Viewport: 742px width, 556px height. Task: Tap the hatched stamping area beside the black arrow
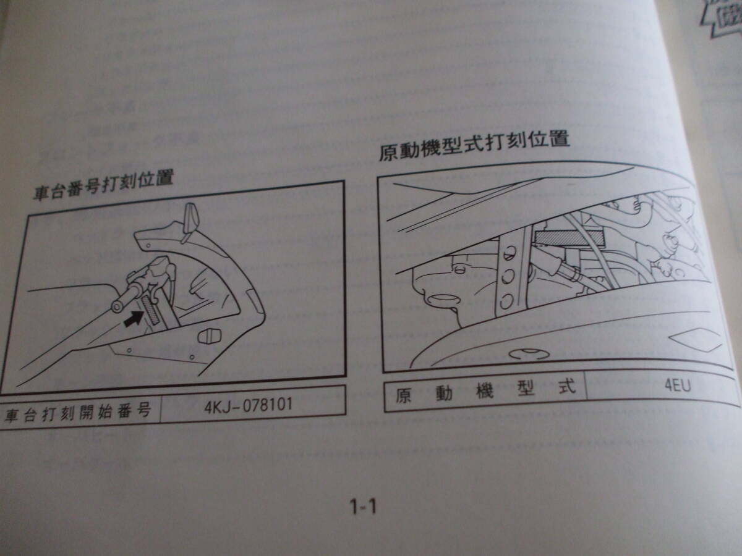pos(152,308)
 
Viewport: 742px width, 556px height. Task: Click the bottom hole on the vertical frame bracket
pos(506,301)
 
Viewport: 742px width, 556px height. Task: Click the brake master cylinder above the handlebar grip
pos(160,270)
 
